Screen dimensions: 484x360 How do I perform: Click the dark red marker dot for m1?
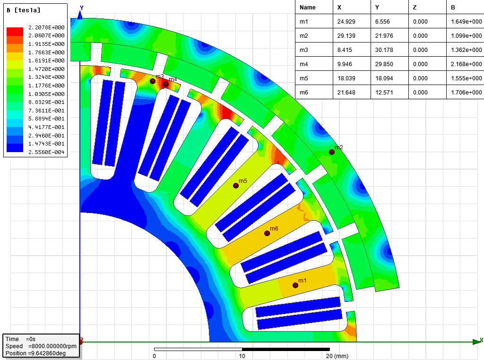tap(295, 285)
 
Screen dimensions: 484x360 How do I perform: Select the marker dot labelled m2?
tap(332, 152)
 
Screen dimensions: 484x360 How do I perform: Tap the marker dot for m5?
tap(236, 186)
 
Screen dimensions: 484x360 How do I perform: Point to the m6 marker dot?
tap(267, 233)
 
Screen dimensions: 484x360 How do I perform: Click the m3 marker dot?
tap(153, 81)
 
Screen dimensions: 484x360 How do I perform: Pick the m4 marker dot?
tap(166, 84)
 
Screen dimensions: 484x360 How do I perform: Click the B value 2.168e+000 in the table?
tap(467, 64)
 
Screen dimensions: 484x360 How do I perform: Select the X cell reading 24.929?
tap(346, 22)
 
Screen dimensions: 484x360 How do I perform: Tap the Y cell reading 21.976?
tap(384, 36)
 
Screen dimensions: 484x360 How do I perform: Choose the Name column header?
tap(307, 8)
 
